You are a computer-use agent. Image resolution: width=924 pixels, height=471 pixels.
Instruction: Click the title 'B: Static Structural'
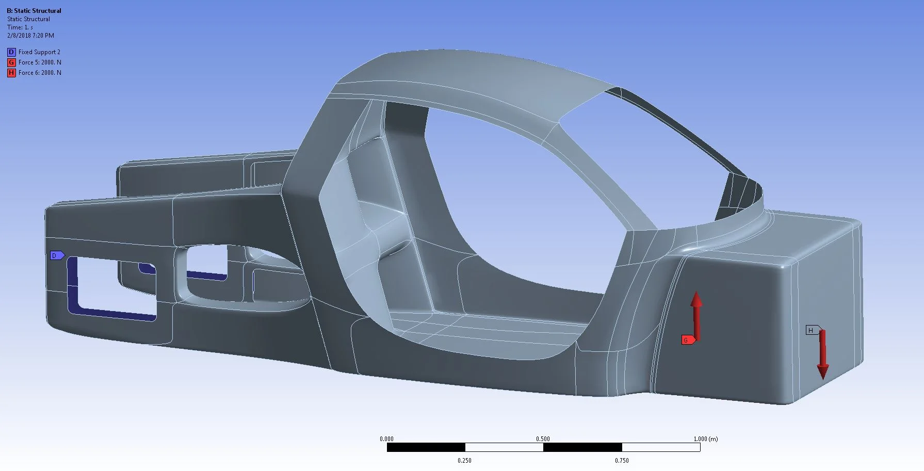pyautogui.click(x=34, y=10)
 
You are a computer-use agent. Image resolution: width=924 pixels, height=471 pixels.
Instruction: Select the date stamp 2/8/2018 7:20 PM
pyautogui.click(x=30, y=36)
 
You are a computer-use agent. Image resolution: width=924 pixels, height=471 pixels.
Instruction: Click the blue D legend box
pyautogui.click(x=11, y=52)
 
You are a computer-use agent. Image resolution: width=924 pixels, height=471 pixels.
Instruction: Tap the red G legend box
pyautogui.click(x=11, y=62)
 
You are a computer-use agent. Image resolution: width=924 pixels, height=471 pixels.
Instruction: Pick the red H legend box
pyautogui.click(x=11, y=73)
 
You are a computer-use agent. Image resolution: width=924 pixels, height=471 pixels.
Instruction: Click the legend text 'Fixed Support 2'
pyautogui.click(x=39, y=52)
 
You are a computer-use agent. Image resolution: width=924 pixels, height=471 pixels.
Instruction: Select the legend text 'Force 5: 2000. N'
pyautogui.click(x=40, y=62)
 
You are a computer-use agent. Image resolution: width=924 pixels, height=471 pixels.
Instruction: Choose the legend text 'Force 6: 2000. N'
pyautogui.click(x=40, y=73)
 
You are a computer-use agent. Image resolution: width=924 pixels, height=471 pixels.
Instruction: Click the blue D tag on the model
pyautogui.click(x=56, y=255)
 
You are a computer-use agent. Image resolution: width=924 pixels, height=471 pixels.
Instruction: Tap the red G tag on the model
pyautogui.click(x=687, y=340)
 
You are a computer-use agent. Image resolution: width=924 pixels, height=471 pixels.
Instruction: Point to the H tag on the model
pyautogui.click(x=812, y=330)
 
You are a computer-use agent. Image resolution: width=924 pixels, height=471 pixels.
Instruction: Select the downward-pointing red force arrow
pyautogui.click(x=822, y=356)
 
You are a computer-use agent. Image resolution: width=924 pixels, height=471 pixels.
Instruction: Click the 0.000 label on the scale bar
pyautogui.click(x=386, y=439)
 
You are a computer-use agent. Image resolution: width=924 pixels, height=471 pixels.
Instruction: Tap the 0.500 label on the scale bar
pyautogui.click(x=543, y=439)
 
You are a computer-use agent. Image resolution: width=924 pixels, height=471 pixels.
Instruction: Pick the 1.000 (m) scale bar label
pyautogui.click(x=705, y=439)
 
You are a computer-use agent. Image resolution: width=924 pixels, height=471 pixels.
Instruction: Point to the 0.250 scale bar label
pyautogui.click(x=464, y=461)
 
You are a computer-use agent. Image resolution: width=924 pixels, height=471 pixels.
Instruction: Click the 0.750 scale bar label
pyautogui.click(x=622, y=461)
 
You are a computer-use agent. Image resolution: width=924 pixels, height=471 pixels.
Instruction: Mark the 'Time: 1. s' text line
pyautogui.click(x=20, y=27)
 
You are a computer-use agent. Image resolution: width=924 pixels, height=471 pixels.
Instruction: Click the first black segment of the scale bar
pyautogui.click(x=426, y=447)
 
